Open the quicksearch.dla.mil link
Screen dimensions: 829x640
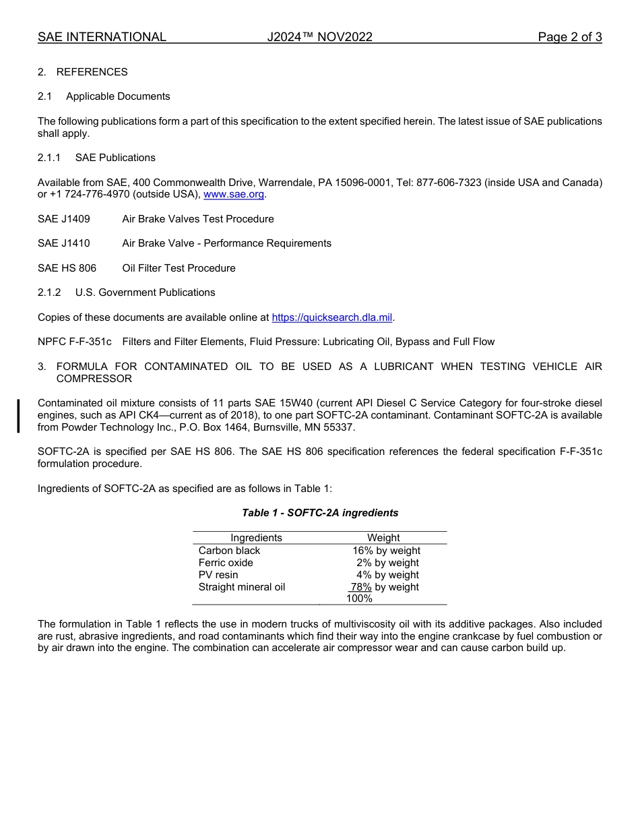click(331, 317)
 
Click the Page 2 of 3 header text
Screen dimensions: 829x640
click(569, 37)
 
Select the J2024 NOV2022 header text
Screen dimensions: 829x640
click(319, 37)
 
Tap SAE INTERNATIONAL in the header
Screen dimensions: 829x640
click(102, 37)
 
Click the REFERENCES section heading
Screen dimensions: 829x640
click(92, 72)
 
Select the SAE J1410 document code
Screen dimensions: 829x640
click(63, 243)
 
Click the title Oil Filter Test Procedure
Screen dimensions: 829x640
click(179, 268)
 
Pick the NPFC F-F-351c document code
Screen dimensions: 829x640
click(75, 342)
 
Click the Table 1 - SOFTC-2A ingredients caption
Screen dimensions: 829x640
click(320, 513)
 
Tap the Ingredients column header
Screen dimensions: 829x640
click(256, 538)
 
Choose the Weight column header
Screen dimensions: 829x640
click(383, 538)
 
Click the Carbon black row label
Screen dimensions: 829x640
click(229, 551)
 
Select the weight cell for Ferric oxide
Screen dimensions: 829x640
click(387, 563)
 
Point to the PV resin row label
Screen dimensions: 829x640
click(218, 575)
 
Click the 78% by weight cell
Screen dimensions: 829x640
click(385, 587)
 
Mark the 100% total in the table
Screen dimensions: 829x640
click(359, 598)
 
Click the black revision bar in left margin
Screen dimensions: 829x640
click(19, 415)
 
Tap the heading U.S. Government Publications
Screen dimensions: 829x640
click(145, 293)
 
